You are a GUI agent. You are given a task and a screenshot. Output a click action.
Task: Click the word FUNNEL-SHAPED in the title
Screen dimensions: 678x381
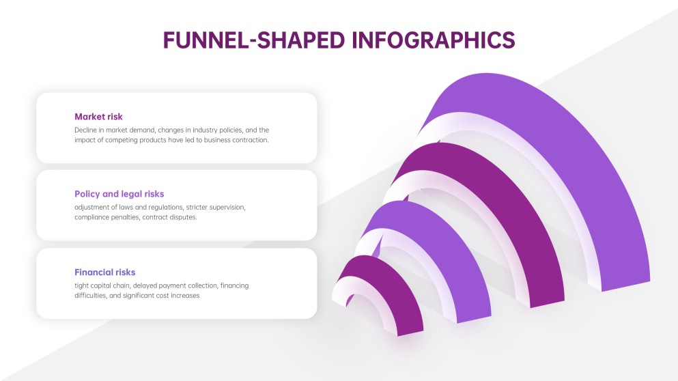254,40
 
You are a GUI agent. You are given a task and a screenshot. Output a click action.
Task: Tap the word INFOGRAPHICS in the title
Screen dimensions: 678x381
434,40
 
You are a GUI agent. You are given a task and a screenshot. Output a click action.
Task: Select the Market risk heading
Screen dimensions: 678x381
98,117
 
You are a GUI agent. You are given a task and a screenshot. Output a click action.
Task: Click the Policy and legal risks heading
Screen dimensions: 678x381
119,194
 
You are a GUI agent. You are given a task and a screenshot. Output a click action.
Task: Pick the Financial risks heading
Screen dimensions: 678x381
105,272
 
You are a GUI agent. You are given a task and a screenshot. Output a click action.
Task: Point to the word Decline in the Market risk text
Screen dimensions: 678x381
85,130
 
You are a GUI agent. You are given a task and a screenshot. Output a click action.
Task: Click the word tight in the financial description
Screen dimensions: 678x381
81,285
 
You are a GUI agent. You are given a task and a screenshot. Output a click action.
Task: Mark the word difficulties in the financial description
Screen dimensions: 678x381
91,296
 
